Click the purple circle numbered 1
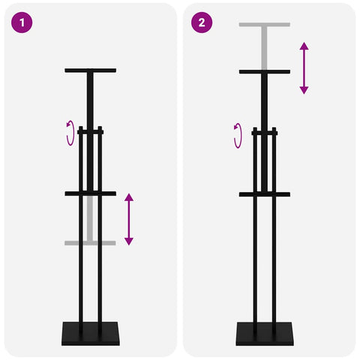pos(22,22)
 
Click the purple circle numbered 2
pos(202,22)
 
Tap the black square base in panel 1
pos(91,334)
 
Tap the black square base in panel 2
pos(265,334)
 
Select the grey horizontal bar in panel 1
pos(90,243)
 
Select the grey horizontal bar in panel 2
pos(265,25)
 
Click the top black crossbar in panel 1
pos(91,70)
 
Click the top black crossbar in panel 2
pos(265,72)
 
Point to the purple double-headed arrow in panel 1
pos(129,219)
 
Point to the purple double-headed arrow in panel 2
pos(304,68)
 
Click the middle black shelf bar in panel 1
pos(91,193)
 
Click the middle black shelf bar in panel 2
pos(265,194)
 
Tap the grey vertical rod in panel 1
pos(90,218)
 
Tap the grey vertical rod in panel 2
pos(264,48)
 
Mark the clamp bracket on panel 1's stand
pos(91,130)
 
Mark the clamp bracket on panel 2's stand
pos(265,132)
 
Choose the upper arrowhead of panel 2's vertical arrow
pos(304,46)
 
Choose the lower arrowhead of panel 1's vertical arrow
pos(129,241)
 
